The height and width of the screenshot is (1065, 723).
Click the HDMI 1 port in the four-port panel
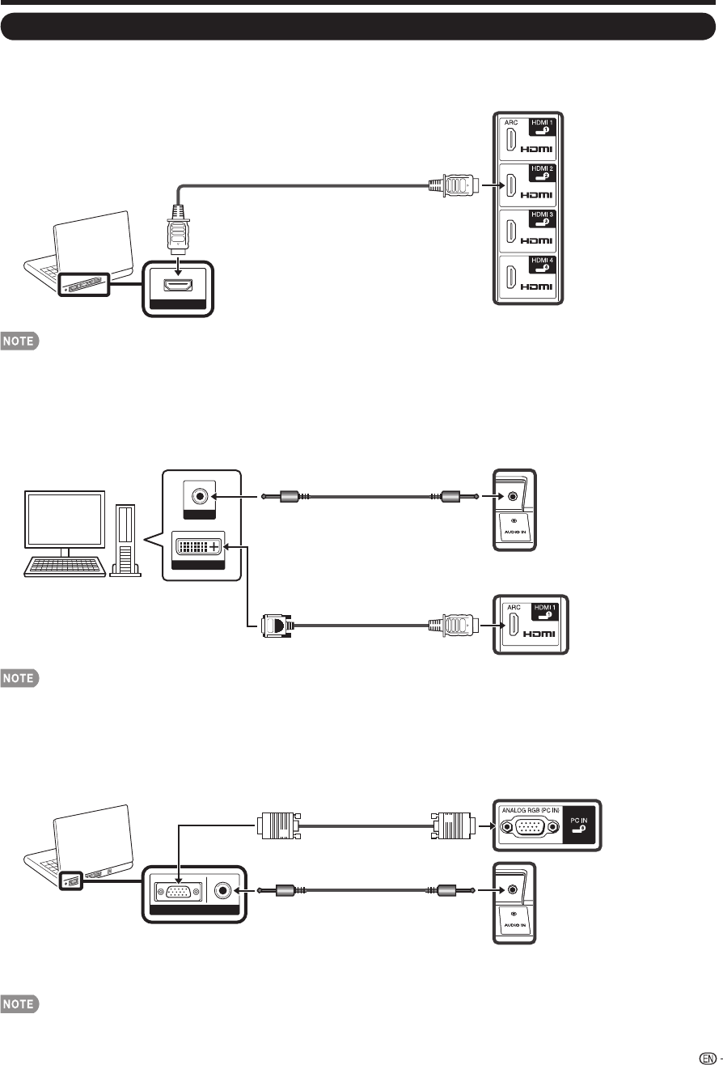(513, 139)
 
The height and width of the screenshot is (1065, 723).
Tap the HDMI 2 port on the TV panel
(513, 185)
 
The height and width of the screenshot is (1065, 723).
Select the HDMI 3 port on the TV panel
(513, 231)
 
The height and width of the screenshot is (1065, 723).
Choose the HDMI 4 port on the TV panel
(513, 277)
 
